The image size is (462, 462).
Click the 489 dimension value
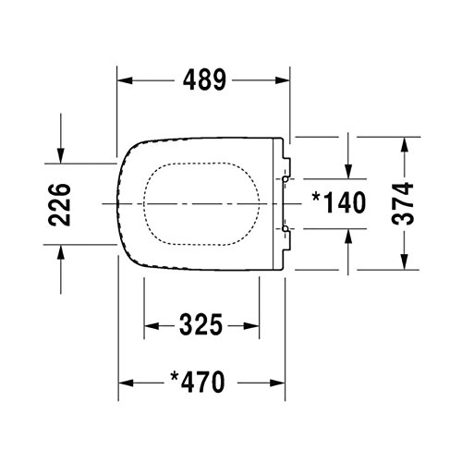tap(204, 80)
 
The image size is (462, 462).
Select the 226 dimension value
tap(60, 204)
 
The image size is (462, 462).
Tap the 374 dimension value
tap(402, 203)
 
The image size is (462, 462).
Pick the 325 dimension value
tap(201, 324)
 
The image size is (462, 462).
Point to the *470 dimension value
tap(198, 382)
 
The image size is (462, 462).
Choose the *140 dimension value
tap(339, 202)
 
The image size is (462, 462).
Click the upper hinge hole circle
tap(286, 178)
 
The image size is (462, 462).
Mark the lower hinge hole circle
tap(286, 228)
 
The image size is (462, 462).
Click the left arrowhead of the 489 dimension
tap(125, 80)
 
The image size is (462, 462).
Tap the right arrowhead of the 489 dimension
tap(283, 80)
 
